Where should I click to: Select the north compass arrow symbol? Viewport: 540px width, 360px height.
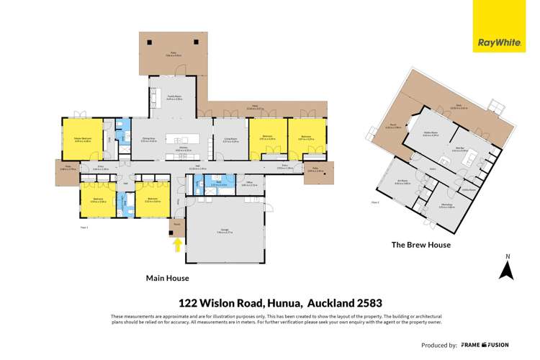(x=507, y=270)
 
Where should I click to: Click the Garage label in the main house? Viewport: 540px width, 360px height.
(x=225, y=231)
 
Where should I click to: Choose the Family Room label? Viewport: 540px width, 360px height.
(x=174, y=98)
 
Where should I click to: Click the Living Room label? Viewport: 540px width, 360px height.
(x=230, y=140)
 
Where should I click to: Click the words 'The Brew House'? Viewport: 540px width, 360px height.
(x=420, y=245)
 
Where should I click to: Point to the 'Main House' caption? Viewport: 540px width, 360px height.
(x=167, y=277)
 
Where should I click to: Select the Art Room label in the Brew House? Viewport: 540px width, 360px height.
(x=403, y=182)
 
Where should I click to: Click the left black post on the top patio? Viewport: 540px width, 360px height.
(x=148, y=41)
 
